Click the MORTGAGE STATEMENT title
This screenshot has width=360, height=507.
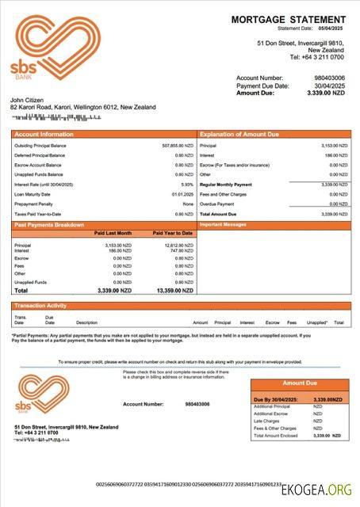click(289, 19)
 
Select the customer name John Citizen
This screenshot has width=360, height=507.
click(28, 100)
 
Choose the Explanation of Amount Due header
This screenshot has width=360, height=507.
click(239, 135)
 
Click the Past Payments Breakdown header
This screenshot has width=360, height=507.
click(49, 225)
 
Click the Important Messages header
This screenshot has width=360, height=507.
click(224, 225)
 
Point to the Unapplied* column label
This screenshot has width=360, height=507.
click(317, 322)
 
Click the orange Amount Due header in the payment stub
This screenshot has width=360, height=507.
click(300, 383)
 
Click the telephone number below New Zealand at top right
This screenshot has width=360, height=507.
click(316, 57)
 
